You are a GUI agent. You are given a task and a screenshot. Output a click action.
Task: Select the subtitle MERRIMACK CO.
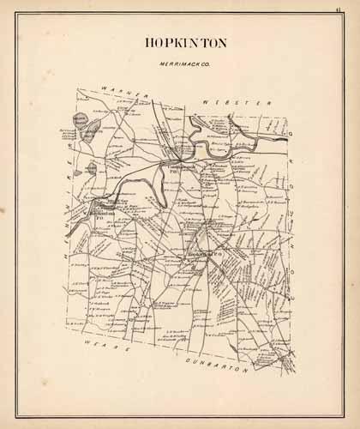click(x=180, y=63)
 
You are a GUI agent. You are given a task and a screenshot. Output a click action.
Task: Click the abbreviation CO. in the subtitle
click(x=202, y=63)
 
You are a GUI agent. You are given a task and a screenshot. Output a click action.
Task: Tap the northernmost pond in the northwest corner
click(x=82, y=121)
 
